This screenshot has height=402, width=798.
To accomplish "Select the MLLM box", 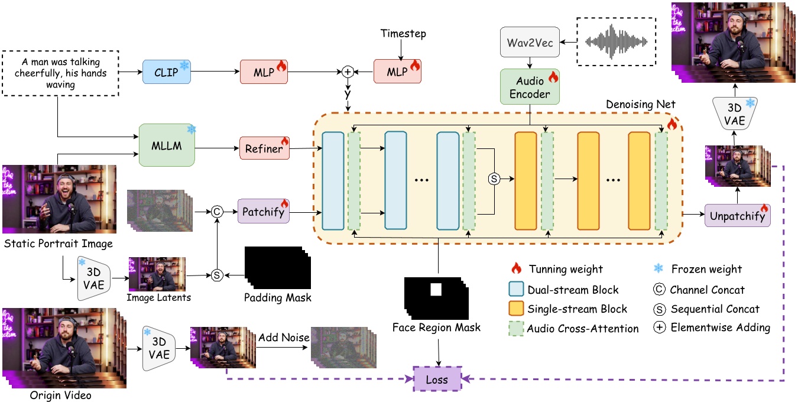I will pos(167,145).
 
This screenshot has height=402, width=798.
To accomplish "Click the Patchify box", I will pos(264,210).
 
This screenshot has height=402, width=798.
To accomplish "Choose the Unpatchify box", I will pos(738,216).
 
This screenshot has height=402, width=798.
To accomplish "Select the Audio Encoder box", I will pos(529,87).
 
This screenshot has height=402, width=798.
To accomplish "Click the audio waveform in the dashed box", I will pos(617,41).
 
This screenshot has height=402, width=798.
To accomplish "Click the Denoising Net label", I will pos(640,104).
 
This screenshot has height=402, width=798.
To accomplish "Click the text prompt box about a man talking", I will pos(61,73).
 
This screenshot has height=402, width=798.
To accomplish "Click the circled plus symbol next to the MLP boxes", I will pos(348,72).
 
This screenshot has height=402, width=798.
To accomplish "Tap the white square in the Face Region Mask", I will pos(436,290).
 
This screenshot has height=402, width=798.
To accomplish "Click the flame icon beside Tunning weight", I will pos(516,269).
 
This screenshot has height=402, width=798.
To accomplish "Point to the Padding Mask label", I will pos(277,297).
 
